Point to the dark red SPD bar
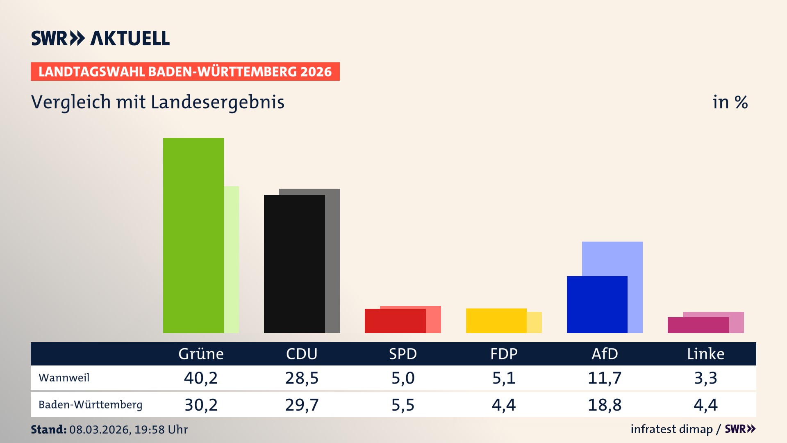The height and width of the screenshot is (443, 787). click(395, 321)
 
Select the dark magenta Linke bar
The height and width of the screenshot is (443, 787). click(698, 325)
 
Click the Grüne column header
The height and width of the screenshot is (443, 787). click(201, 354)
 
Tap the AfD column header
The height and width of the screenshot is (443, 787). click(605, 354)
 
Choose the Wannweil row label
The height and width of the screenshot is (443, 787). click(64, 377)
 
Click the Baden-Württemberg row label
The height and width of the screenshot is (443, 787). click(90, 404)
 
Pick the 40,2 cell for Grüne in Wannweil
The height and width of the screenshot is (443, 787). click(201, 378)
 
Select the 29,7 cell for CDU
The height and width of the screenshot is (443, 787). click(302, 405)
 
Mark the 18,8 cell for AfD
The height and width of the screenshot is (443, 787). click(605, 405)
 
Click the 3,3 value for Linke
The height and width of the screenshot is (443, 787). click(705, 378)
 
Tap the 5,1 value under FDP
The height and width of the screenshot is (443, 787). click(504, 378)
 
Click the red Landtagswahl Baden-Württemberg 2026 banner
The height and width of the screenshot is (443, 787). click(185, 71)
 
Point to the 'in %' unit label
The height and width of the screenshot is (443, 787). click(730, 102)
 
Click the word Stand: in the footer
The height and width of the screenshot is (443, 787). click(48, 429)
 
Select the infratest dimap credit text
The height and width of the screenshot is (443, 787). click(671, 429)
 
